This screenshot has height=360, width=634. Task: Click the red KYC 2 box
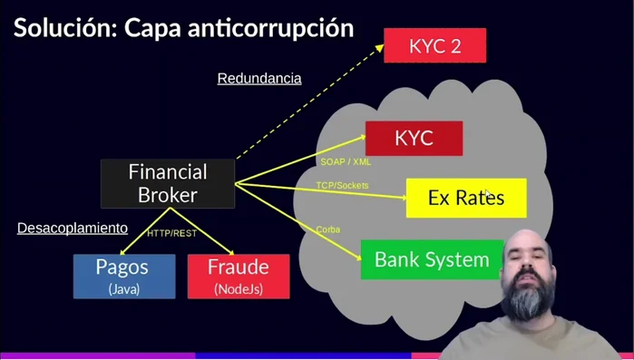pos(434,44)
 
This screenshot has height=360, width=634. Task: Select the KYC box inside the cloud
pos(414,138)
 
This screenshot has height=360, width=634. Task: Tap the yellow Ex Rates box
pos(465,198)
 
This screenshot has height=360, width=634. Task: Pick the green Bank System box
pos(432,259)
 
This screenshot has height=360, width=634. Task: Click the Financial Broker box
pos(167,182)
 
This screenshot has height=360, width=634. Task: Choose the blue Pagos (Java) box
pos(124,276)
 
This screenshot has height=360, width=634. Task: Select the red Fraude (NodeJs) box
pos(239,276)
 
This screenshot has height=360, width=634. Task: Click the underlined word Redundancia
pos(259,79)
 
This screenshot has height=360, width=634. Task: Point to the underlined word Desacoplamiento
pos(73,229)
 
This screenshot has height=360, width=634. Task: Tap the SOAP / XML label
pos(346,162)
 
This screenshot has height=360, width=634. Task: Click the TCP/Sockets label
pos(342,186)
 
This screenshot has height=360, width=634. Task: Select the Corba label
pos(328,229)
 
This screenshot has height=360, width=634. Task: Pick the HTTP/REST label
pos(172,234)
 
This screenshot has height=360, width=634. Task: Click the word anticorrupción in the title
pos(273,27)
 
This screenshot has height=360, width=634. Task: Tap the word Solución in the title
pos(60,27)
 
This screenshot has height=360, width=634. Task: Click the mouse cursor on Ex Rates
pos(487,194)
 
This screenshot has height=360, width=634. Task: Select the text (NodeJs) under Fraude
pos(239,289)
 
